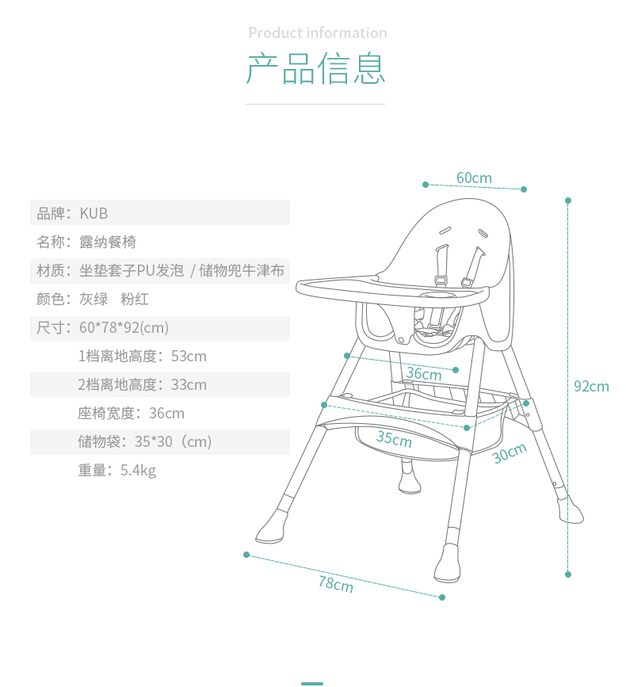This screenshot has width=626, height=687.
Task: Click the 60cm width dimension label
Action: tap(474, 178)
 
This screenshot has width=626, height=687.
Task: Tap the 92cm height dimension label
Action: tap(591, 387)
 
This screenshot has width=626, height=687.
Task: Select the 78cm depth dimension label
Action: tap(336, 585)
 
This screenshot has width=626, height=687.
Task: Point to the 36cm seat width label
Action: tap(424, 373)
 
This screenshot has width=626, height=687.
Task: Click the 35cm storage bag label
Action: tap(394, 438)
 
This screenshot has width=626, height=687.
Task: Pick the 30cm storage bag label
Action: tap(510, 452)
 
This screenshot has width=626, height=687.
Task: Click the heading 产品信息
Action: tap(315, 69)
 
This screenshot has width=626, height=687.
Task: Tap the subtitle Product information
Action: tap(317, 33)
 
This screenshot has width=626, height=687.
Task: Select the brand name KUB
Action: tap(94, 214)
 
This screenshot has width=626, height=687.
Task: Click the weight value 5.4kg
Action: tap(138, 471)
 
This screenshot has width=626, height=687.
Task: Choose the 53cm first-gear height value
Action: tap(189, 357)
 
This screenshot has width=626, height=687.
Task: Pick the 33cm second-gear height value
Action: tap(189, 385)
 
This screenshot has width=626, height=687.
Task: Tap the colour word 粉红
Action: tap(135, 300)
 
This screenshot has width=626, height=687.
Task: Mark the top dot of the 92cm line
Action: tap(568, 200)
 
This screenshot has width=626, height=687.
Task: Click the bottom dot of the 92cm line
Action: tap(568, 574)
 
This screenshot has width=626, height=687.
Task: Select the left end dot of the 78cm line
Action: tap(246, 555)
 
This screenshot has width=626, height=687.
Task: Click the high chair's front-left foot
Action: tap(272, 528)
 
